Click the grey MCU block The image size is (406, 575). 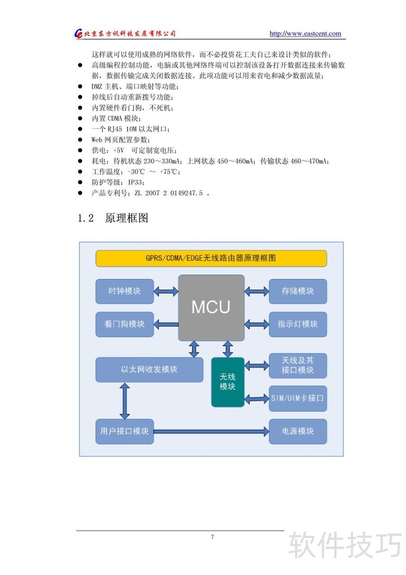[211, 308]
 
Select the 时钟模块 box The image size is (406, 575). [124, 291]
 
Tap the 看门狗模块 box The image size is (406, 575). [124, 324]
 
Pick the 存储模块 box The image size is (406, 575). [298, 291]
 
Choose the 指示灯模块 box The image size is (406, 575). [298, 324]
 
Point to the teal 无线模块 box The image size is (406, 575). [228, 382]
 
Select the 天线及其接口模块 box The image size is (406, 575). [298, 365]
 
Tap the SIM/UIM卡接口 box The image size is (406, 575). [298, 398]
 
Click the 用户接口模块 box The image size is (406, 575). [124, 431]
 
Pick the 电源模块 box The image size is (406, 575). [298, 431]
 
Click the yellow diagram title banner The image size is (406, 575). [211, 258]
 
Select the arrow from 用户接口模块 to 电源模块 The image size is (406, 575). [211, 431]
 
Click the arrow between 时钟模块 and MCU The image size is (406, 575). [166, 291]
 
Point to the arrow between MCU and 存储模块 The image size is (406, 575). [256, 291]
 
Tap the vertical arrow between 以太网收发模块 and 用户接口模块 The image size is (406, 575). [123, 401]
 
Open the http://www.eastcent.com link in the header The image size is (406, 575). [305, 33]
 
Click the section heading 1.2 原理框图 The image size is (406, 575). [113, 218]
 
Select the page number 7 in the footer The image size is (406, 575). [212, 537]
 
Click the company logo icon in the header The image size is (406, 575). [79, 33]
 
